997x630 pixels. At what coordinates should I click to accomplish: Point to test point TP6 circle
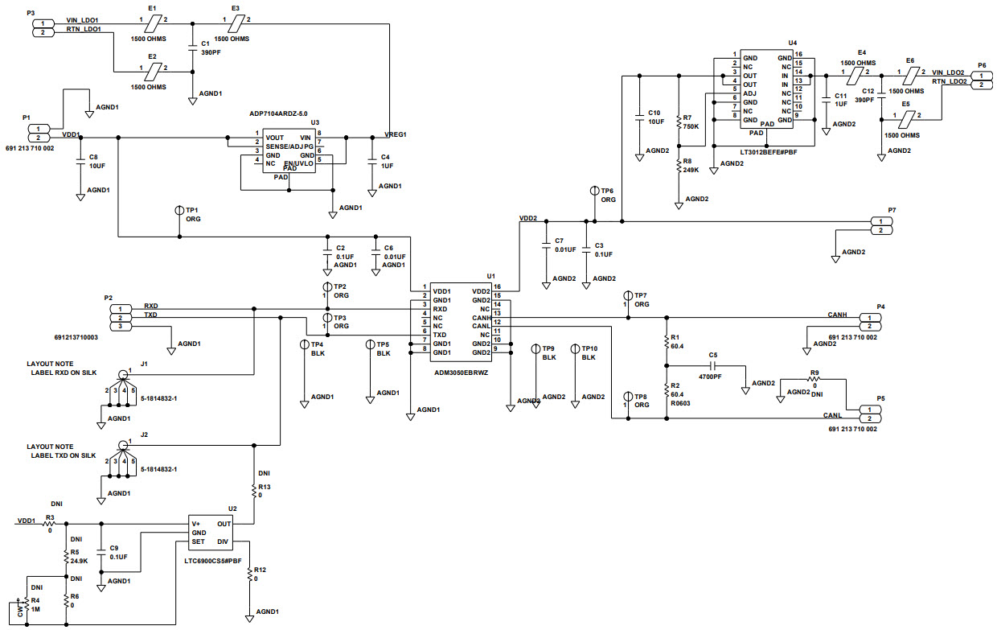[x=594, y=191]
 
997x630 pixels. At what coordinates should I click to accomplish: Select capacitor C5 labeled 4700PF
[x=712, y=365]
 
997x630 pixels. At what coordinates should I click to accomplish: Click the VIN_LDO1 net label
[x=83, y=19]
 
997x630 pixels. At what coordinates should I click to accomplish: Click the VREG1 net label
[x=396, y=134]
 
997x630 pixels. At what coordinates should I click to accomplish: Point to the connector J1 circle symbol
[x=122, y=374]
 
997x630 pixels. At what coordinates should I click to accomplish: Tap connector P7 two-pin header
[x=881, y=225]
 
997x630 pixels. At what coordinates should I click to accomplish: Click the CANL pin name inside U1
[x=480, y=326]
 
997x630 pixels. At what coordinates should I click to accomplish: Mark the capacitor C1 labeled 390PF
[x=193, y=47]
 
